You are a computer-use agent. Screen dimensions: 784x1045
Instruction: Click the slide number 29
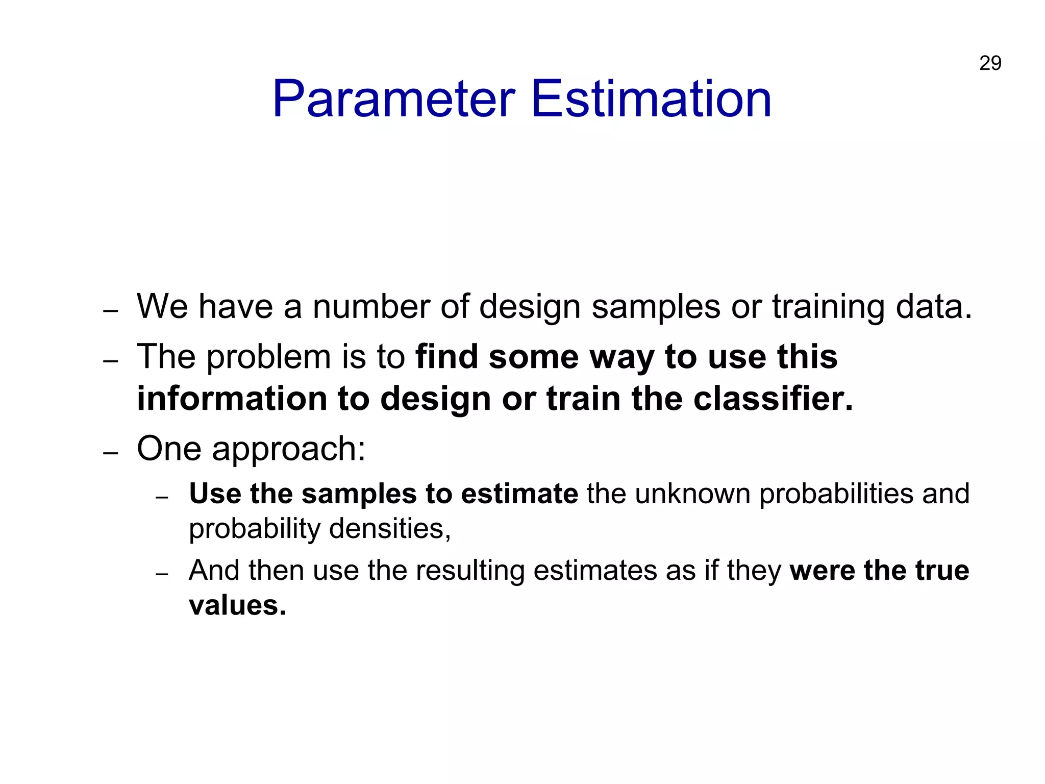[x=990, y=63]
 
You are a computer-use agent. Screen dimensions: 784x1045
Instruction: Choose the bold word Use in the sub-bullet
[x=215, y=494]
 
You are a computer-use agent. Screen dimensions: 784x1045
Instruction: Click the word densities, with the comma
[x=390, y=529]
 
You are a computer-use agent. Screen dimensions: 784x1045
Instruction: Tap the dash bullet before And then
[x=162, y=574]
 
